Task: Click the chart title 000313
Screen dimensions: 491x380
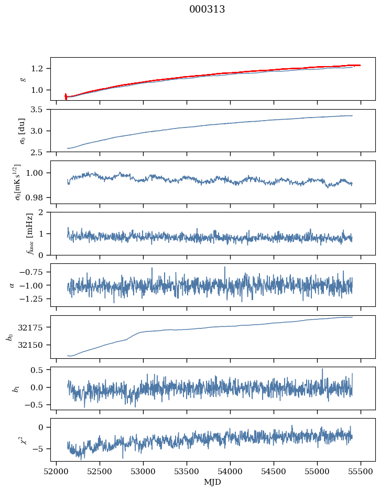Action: (207, 9)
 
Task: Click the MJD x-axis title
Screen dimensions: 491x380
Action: (213, 482)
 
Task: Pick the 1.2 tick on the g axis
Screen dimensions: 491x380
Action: (40, 69)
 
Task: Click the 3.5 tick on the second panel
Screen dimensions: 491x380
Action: (40, 110)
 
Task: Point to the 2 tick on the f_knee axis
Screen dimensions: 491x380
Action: (44, 212)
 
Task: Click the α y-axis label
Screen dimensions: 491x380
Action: (12, 285)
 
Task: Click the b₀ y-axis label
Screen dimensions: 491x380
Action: (9, 337)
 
